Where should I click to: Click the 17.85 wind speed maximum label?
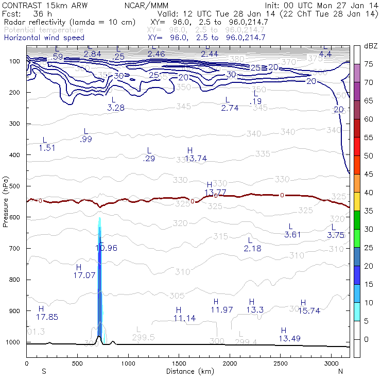click(47, 317)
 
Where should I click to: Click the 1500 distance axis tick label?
click(179, 363)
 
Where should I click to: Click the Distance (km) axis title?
click(188, 371)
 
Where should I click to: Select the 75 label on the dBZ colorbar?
click(369, 64)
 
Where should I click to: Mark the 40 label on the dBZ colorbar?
click(369, 193)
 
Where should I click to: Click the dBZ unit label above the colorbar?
click(371, 46)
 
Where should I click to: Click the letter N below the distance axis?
click(340, 371)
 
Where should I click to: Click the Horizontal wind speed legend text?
click(44, 38)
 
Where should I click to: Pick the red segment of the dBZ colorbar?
click(356, 128)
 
